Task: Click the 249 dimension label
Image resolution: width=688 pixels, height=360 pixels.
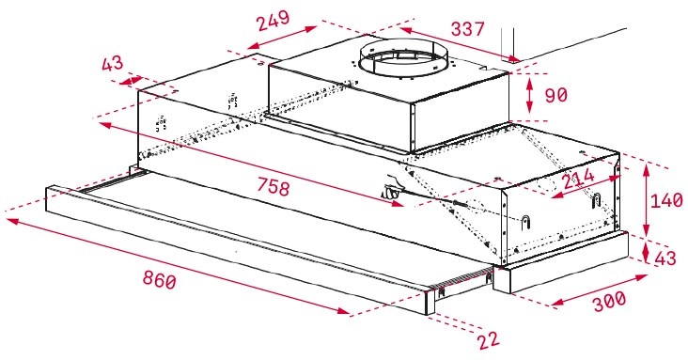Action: coord(273,20)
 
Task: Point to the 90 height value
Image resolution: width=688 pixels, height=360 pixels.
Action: coord(559,95)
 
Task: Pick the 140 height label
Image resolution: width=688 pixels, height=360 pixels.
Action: coord(666,199)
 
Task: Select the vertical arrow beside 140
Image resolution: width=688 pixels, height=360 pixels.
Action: coord(648,199)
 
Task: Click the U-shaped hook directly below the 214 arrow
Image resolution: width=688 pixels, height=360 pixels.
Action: coord(594,199)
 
